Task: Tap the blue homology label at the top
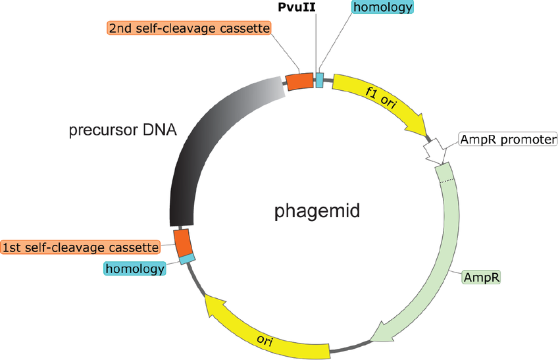point(383,8)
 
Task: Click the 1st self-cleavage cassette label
point(81,247)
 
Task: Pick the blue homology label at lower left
point(134,269)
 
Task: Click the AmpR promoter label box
point(509,140)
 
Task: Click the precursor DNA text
point(123,130)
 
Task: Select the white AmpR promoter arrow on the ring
point(434,152)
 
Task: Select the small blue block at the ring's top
point(320,80)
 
